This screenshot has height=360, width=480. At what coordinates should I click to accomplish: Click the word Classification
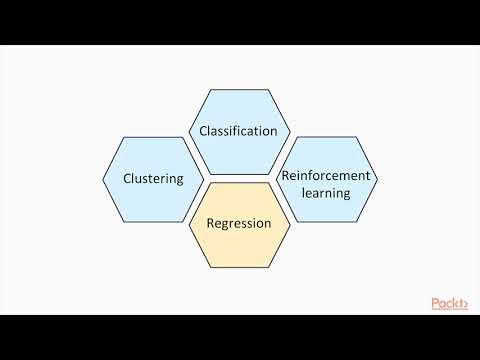238,132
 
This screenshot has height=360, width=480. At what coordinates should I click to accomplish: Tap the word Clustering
152,180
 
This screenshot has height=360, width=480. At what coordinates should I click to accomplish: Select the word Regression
238,223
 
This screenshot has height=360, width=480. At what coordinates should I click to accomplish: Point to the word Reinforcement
326,175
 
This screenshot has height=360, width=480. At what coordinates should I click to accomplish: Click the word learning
326,192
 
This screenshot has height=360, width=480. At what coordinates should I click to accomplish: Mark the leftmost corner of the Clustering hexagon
102,180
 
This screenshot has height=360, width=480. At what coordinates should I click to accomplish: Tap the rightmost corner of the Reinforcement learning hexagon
378,180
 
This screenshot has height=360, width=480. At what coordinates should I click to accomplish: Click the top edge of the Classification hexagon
239,90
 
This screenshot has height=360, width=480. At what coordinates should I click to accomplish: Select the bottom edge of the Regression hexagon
239,267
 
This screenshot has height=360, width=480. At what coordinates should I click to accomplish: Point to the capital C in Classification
203,132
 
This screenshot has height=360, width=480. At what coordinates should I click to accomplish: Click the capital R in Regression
210,223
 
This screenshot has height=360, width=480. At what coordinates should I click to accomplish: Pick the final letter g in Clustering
179,182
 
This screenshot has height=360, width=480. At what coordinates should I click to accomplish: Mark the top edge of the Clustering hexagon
152,137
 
